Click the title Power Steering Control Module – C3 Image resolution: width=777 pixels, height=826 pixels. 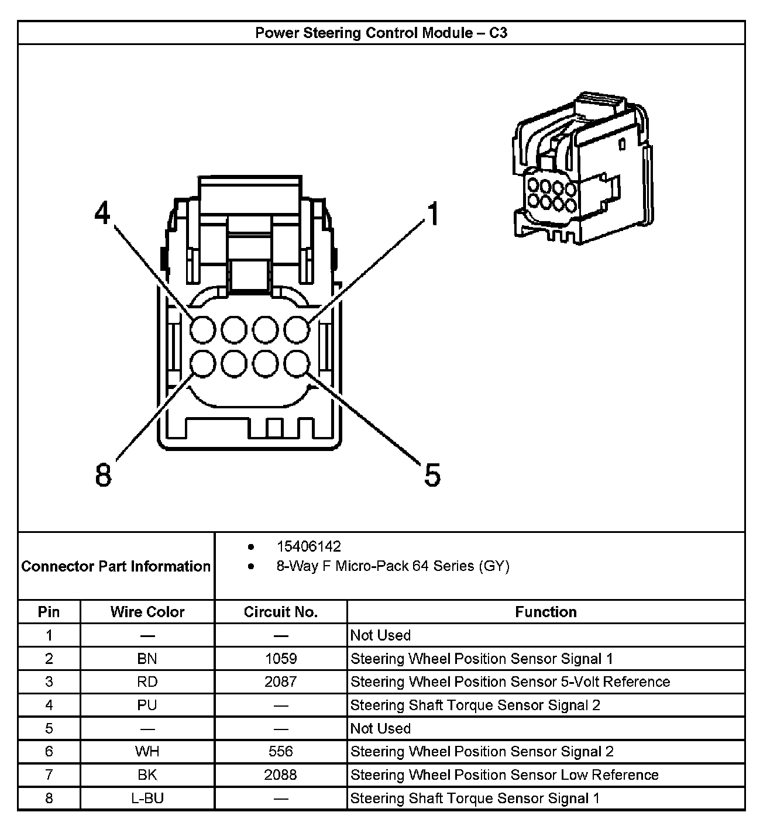(x=381, y=33)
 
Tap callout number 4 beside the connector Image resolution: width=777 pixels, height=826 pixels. (x=103, y=214)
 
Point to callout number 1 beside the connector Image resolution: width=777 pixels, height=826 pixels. (x=433, y=214)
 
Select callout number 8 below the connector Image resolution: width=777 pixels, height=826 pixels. (x=103, y=474)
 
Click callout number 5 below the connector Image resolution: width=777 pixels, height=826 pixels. (x=432, y=474)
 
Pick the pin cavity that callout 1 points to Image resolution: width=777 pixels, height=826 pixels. (x=297, y=330)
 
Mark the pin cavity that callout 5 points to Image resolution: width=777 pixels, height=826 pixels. (x=297, y=364)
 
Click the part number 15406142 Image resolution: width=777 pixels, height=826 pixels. (x=308, y=546)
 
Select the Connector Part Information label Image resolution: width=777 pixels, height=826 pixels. (x=116, y=566)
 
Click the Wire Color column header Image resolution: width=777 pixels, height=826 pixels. (x=147, y=612)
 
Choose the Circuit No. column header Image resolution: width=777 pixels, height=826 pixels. (x=281, y=612)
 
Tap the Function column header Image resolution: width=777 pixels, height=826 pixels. (x=546, y=612)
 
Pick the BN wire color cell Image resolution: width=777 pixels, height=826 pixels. (x=147, y=659)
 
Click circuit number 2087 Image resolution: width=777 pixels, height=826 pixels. (x=281, y=682)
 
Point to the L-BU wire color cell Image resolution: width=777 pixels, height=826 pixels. (x=147, y=799)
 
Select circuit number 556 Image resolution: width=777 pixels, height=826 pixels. (x=281, y=752)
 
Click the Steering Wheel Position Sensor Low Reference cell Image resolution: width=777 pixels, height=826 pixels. (x=504, y=775)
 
